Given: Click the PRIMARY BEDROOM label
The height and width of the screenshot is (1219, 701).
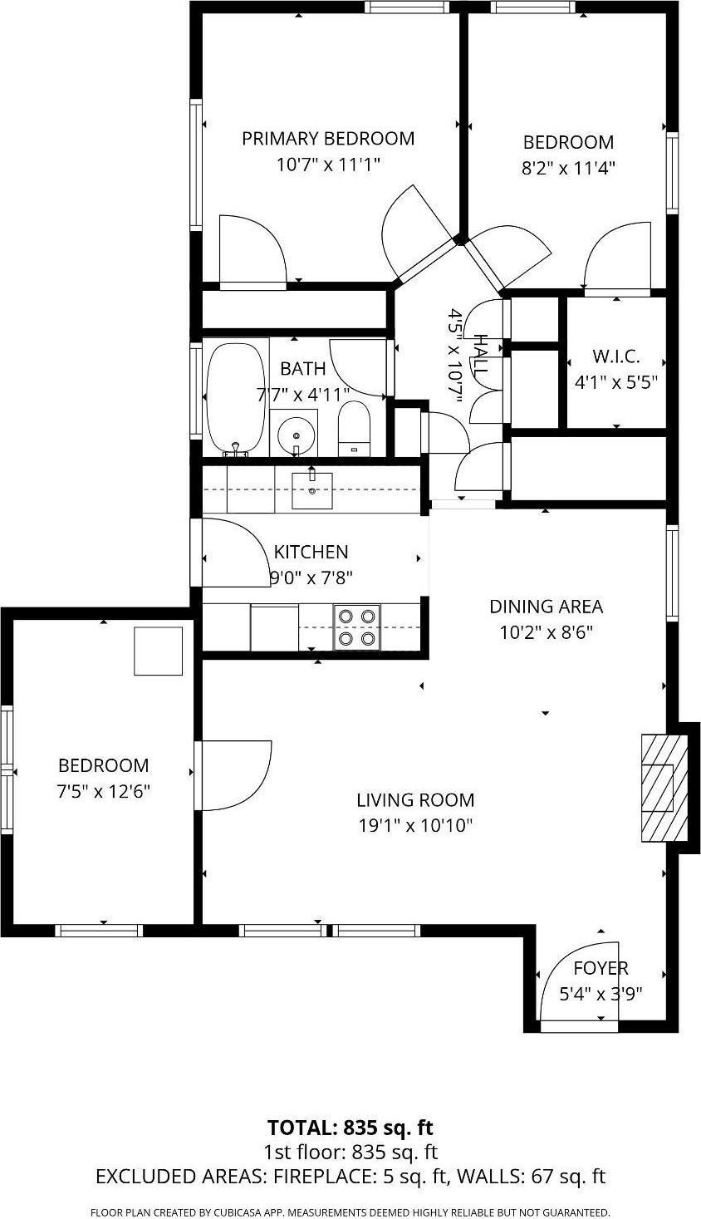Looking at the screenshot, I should tap(328, 138).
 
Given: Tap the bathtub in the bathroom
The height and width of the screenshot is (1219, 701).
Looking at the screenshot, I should tap(236, 397).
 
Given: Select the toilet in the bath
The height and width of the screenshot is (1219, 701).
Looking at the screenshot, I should tap(355, 428).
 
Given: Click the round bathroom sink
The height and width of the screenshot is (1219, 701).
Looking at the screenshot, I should tap(295, 433).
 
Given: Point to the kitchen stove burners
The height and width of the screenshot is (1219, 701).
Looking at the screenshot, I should tap(356, 627).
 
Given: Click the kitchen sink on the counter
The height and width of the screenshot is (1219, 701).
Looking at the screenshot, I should tap(312, 489).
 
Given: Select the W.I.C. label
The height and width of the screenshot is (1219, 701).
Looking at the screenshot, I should tap(615, 356).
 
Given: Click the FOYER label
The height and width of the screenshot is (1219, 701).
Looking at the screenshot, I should tap(601, 968).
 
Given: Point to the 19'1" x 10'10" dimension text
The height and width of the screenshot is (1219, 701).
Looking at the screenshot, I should tap(414, 825).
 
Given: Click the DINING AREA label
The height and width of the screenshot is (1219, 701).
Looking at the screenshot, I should tap(546, 607).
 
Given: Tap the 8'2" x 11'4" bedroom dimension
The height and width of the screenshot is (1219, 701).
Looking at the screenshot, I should tap(568, 168).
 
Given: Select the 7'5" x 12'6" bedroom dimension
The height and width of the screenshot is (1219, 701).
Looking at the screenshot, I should tap(103, 791).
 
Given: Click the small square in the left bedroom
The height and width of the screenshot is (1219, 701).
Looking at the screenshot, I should tap(159, 651).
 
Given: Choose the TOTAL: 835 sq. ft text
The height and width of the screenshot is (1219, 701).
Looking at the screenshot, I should tap(350, 1128).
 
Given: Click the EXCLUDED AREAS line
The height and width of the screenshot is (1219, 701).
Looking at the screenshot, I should tap(350, 1177).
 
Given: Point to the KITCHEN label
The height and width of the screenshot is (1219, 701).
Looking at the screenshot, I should tap(311, 552).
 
